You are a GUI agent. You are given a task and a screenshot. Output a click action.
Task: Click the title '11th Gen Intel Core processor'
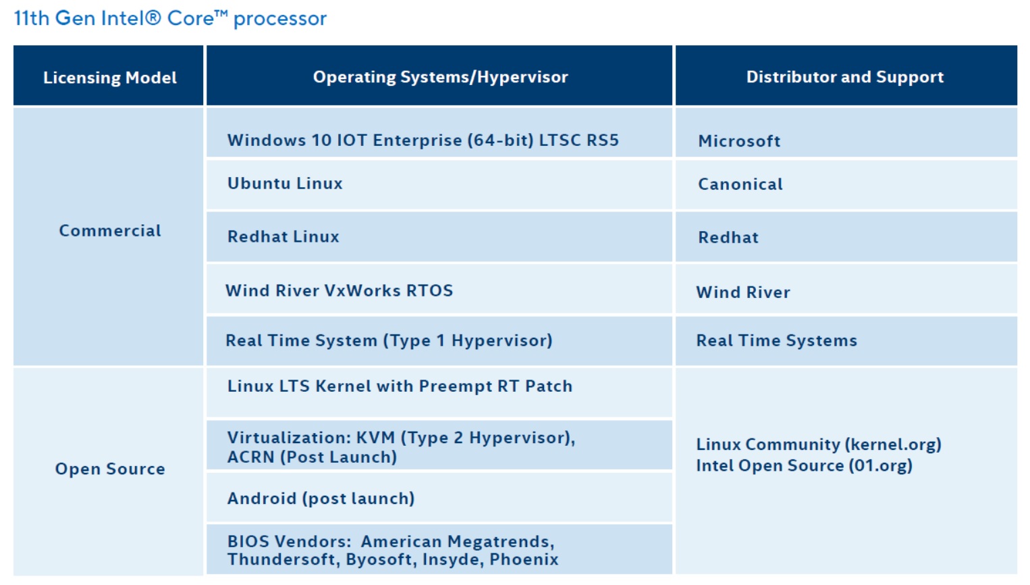170,19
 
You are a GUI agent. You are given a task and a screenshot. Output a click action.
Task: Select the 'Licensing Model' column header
110,77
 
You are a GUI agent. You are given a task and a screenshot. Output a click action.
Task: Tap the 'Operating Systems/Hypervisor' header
441,77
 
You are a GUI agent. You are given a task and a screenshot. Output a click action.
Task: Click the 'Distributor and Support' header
844,77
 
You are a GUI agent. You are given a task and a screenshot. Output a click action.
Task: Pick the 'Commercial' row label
110,230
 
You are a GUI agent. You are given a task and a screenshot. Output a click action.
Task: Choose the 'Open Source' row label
110,469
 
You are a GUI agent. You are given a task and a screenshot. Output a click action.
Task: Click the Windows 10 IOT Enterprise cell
423,141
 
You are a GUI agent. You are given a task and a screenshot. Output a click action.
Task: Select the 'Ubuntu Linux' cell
285,183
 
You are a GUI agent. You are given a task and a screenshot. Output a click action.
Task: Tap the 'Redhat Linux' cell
283,236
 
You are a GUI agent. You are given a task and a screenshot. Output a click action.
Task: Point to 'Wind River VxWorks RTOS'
340,291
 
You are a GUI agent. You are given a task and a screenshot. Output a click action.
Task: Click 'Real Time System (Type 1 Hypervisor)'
389,340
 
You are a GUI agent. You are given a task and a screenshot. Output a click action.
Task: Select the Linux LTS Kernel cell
400,386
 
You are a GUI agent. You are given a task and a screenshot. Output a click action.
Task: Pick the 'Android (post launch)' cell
321,499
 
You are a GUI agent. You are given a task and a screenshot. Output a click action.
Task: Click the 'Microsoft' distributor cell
739,141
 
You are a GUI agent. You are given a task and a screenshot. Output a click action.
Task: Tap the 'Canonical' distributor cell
740,184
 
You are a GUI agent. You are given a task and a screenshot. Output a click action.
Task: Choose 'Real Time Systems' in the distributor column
777,340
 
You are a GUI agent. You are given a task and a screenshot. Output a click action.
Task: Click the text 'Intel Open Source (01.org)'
805,466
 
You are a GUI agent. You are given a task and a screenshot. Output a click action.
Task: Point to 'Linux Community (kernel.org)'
819,444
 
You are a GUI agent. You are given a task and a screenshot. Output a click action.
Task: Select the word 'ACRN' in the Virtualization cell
251,457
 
